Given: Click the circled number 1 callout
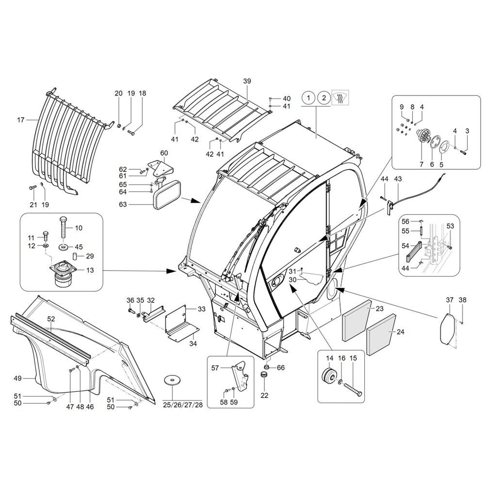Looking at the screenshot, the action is coord(307,98).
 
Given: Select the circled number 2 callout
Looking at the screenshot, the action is coord(323,98).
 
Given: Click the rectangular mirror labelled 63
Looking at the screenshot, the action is coord(166,195).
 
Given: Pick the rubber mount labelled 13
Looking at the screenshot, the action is coord(62,275).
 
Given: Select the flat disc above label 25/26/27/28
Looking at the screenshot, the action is coord(171,380).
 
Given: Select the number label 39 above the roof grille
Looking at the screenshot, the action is coord(247,81).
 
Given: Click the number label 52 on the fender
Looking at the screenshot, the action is coord(51,319).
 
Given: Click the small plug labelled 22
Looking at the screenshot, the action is coord(265,375).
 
